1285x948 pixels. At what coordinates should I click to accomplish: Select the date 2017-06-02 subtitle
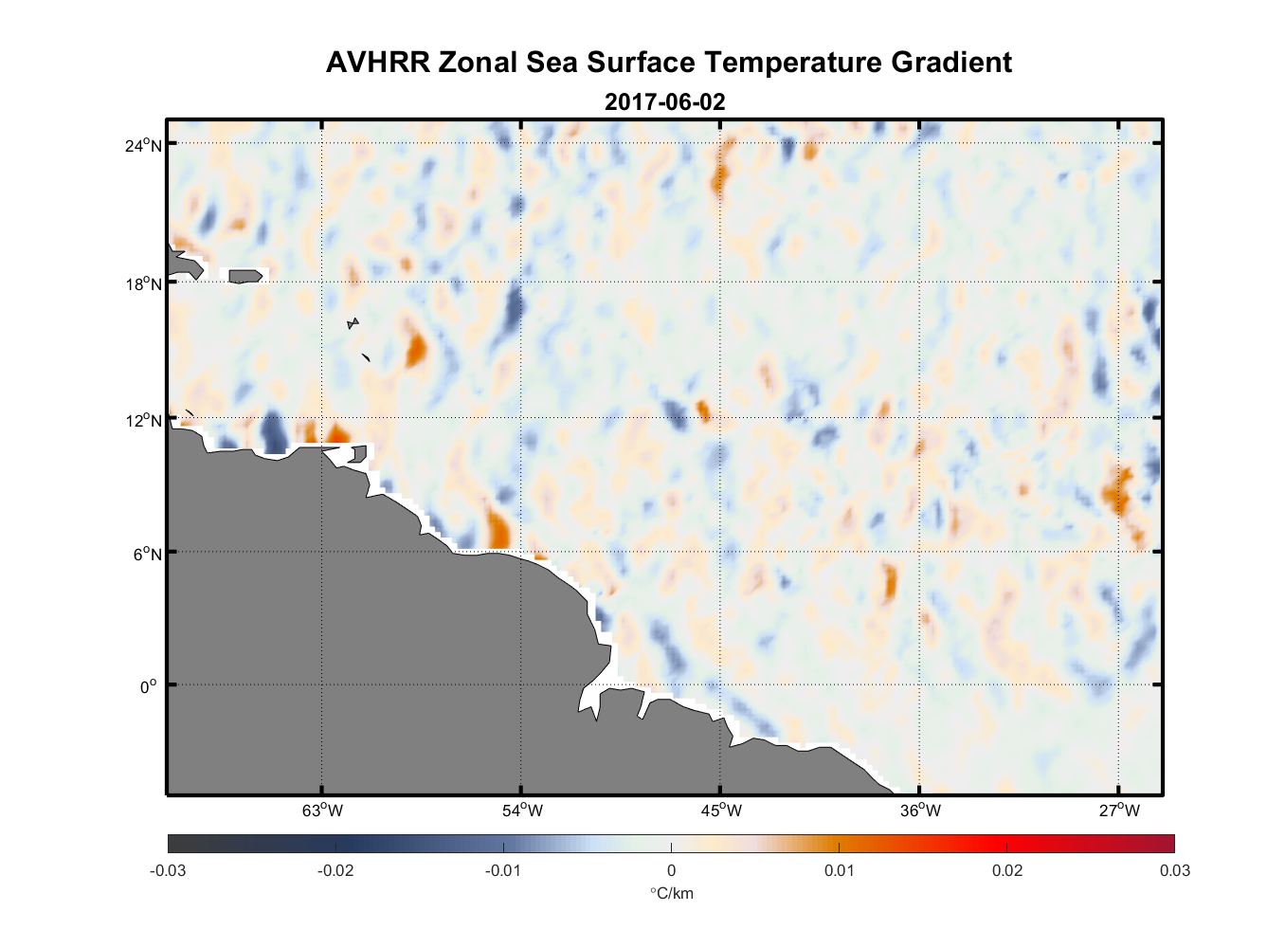[664, 101]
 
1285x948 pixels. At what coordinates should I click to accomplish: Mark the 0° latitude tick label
[148, 686]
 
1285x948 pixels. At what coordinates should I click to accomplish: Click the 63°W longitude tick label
[323, 811]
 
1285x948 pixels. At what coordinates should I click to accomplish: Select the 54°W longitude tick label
[522, 811]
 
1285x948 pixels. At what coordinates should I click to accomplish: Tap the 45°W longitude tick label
[721, 811]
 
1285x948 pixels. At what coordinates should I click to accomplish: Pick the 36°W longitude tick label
[920, 811]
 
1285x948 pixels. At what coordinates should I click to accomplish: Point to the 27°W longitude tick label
[1119, 811]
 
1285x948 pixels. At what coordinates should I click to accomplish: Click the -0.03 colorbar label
[168, 870]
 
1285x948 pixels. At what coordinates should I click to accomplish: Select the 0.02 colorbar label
[1006, 870]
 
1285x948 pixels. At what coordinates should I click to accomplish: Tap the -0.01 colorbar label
[503, 870]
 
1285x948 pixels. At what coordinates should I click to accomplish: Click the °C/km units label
[671, 893]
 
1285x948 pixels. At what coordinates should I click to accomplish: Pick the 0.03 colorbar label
[1174, 870]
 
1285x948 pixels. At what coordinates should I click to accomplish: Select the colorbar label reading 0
[671, 870]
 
